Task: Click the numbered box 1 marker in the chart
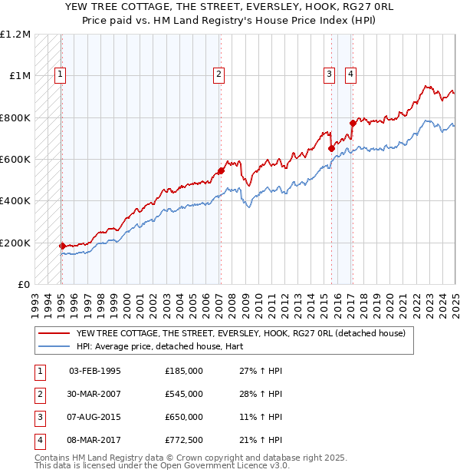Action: pyautogui.click(x=60, y=74)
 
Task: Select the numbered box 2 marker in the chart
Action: pyautogui.click(x=219, y=74)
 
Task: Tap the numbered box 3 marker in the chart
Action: pyautogui.click(x=329, y=74)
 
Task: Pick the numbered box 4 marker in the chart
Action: pyautogui.click(x=350, y=74)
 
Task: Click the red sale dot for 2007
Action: pyautogui.click(x=221, y=170)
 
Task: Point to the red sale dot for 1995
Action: pyautogui.click(x=62, y=246)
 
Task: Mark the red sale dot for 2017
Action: pyautogui.click(x=352, y=123)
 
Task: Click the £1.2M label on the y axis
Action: pyautogui.click(x=15, y=35)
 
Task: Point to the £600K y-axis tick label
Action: pyautogui.click(x=15, y=160)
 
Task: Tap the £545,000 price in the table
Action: pyautogui.click(x=184, y=394)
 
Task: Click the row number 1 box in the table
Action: pyautogui.click(x=38, y=371)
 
